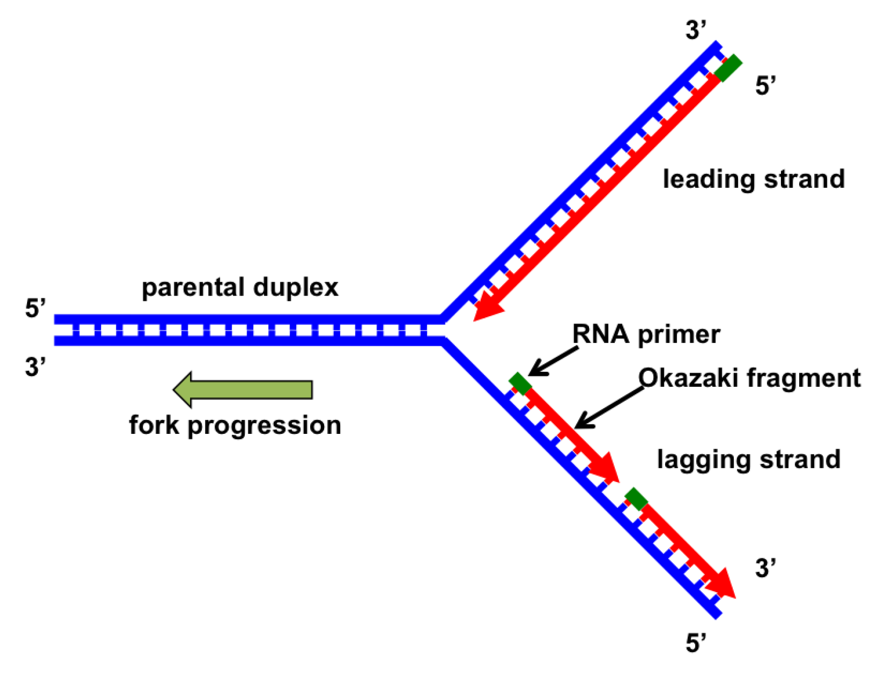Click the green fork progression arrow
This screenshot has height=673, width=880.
pyautogui.click(x=243, y=390)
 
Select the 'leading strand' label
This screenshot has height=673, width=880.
pyautogui.click(x=753, y=179)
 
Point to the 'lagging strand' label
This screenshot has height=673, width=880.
pyautogui.click(x=748, y=459)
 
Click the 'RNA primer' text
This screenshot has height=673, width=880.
pyautogui.click(x=646, y=334)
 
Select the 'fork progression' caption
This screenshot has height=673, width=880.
pyautogui.click(x=235, y=425)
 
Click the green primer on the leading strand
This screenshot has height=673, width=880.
pyautogui.click(x=728, y=68)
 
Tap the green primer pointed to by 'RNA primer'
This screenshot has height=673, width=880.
pyautogui.click(x=520, y=384)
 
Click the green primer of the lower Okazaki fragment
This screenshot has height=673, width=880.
pyautogui.click(x=636, y=499)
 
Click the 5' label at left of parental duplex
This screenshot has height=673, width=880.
pyautogui.click(x=35, y=309)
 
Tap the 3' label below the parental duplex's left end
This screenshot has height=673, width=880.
pyautogui.click(x=35, y=367)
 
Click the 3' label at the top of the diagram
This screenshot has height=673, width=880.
pyautogui.click(x=695, y=30)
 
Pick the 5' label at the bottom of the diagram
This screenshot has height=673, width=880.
pyautogui.click(x=695, y=644)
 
